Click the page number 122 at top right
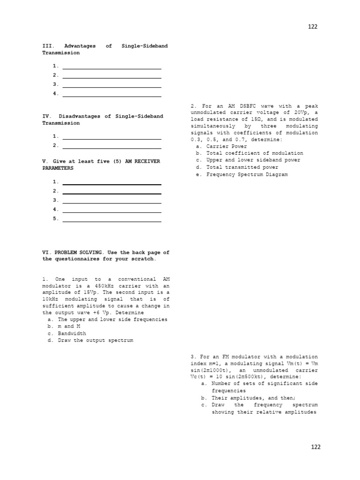pos(313,27)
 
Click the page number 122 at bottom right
pos(316,447)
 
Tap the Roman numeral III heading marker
pos(48,46)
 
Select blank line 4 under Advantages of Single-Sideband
pos(112,94)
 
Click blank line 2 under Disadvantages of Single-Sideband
pos(112,145)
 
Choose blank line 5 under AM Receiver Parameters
pos(112,218)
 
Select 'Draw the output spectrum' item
pos(95,340)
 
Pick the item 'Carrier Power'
pos(226,146)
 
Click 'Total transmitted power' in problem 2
pos(242,167)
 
